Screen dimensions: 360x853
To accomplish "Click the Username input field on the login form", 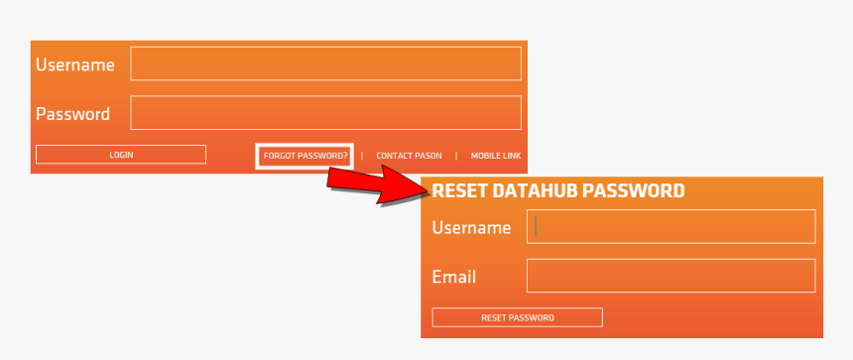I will click(x=325, y=63).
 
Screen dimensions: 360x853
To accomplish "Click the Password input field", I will click(x=325, y=113).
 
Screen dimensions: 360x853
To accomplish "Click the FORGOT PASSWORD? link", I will click(x=305, y=156).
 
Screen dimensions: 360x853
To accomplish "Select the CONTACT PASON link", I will click(x=409, y=156).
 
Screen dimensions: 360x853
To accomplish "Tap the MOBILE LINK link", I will click(x=496, y=156).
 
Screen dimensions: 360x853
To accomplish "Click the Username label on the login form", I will click(x=75, y=65).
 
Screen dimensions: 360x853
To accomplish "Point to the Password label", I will click(x=72, y=114).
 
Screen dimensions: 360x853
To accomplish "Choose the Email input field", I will click(x=670, y=276).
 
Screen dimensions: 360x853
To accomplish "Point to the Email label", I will click(x=454, y=277).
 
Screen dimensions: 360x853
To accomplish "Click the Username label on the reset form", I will click(x=471, y=228).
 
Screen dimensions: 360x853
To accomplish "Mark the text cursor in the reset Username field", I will click(x=536, y=226).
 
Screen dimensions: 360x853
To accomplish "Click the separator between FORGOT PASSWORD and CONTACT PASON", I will click(x=362, y=156).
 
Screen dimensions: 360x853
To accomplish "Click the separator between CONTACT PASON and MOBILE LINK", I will click(x=456, y=156).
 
